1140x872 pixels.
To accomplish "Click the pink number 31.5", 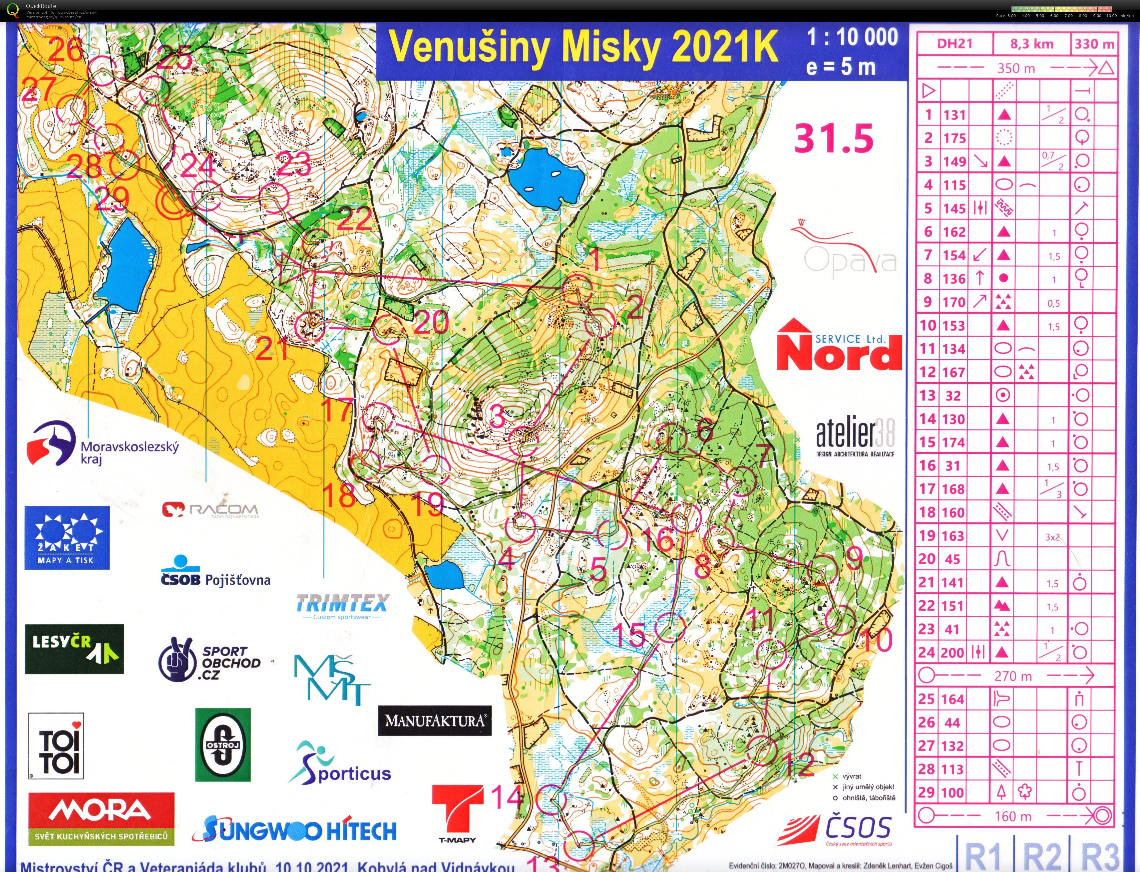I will point(834,139).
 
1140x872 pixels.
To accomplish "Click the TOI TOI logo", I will point(56,746).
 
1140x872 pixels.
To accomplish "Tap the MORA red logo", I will point(101,818).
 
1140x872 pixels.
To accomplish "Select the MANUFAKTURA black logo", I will point(435,721).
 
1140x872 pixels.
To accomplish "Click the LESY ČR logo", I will point(74,649).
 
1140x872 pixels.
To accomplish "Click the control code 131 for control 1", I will point(954,115).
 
